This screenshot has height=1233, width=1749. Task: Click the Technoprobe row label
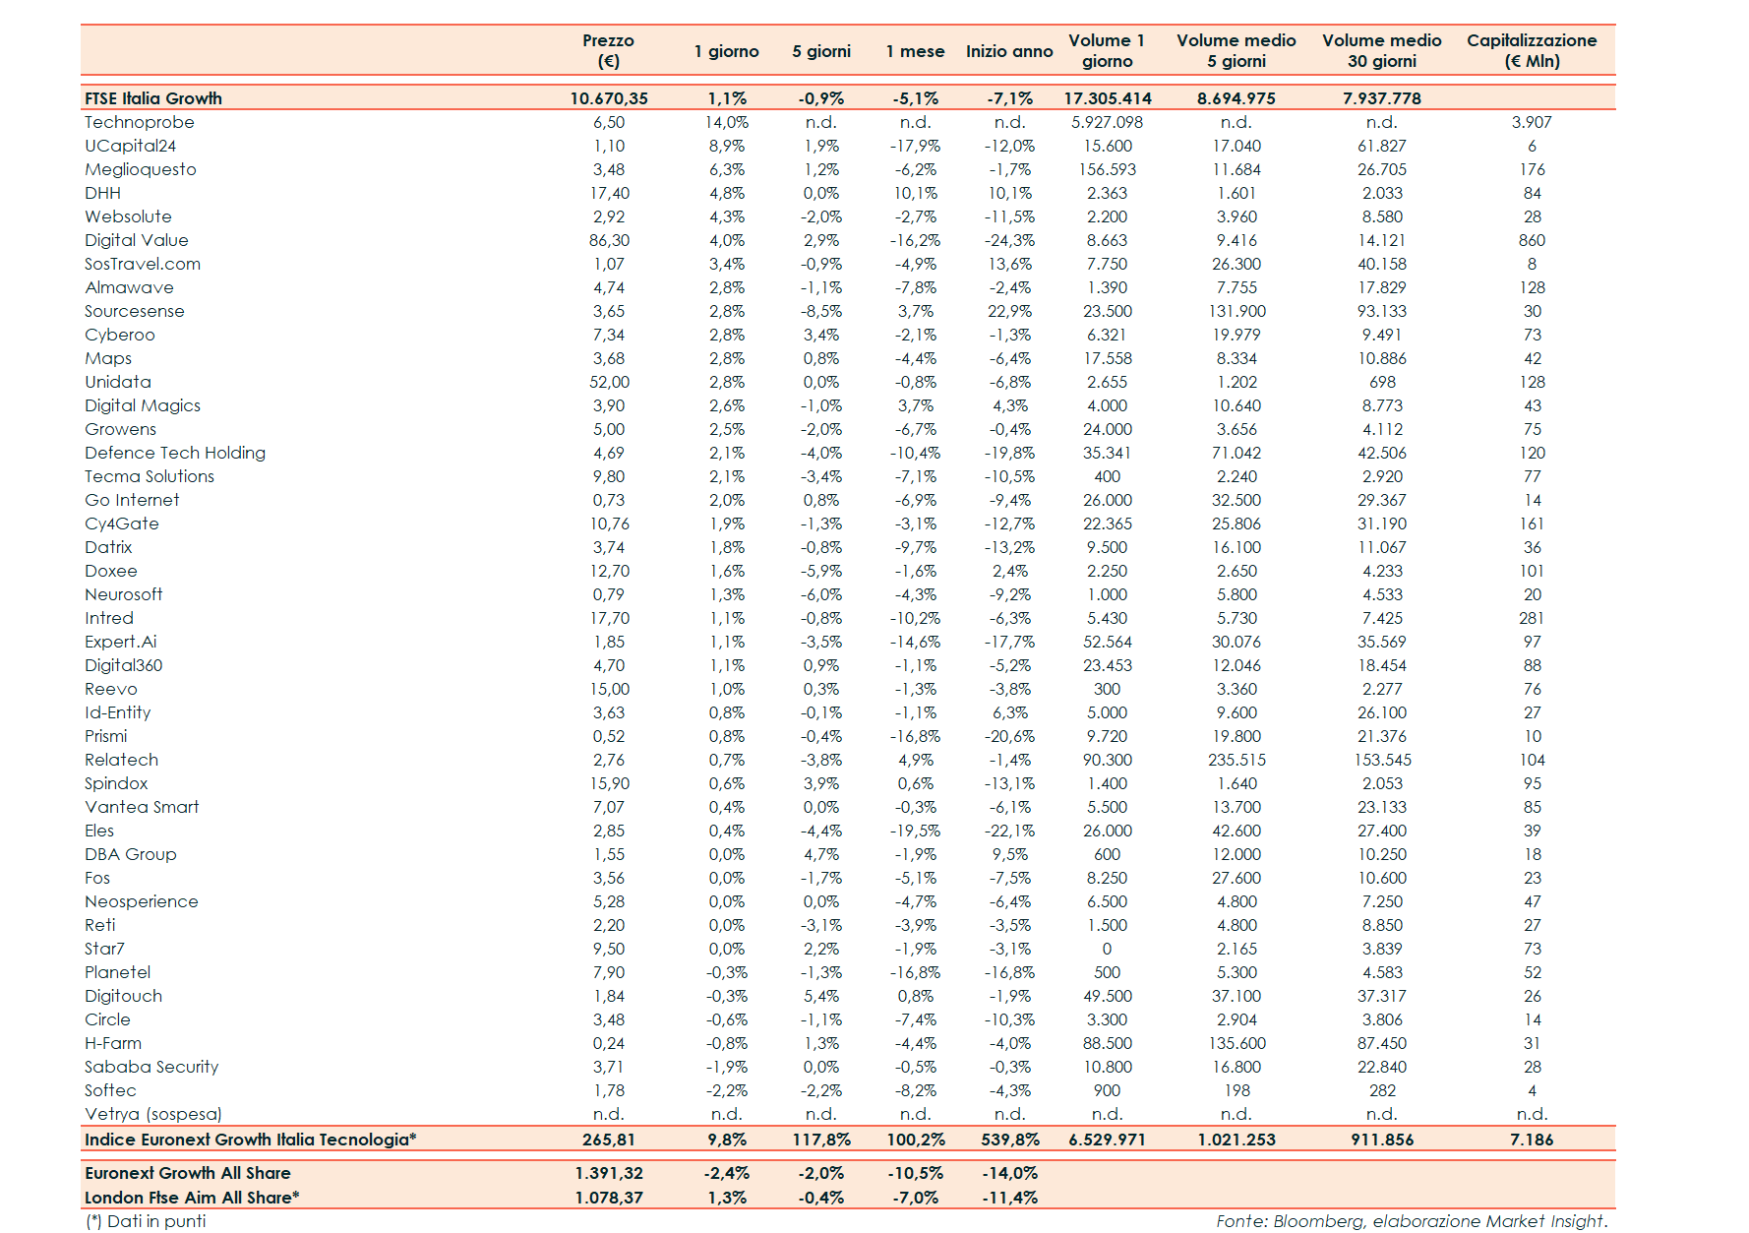[139, 122]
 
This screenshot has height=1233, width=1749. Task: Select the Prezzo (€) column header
[608, 51]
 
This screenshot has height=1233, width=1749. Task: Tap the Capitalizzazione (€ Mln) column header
[1531, 51]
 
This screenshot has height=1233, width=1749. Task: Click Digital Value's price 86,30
[609, 240]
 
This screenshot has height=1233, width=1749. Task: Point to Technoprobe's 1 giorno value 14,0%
[726, 122]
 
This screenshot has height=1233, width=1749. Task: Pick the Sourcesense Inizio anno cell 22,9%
[1009, 311]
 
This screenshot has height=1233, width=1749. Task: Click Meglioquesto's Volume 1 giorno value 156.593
[1107, 169]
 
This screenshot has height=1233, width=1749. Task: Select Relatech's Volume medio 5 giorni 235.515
[1236, 760]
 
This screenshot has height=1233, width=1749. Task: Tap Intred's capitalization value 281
[1532, 618]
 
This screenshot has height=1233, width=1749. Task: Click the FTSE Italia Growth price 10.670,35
[609, 98]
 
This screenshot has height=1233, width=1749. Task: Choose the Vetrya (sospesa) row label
[152, 1114]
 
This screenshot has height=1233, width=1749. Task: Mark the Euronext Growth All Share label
[187, 1173]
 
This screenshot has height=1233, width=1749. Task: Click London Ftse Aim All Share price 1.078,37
[609, 1198]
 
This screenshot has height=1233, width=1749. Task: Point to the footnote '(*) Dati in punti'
[146, 1221]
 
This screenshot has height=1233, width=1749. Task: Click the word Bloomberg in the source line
[1319, 1221]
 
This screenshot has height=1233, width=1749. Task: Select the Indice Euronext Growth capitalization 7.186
[1532, 1140]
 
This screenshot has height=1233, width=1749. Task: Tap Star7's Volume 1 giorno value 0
[1107, 949]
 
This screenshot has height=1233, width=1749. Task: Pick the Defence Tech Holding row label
[174, 453]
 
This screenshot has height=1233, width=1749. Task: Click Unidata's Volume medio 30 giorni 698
[1382, 382]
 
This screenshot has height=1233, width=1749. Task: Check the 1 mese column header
[915, 51]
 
